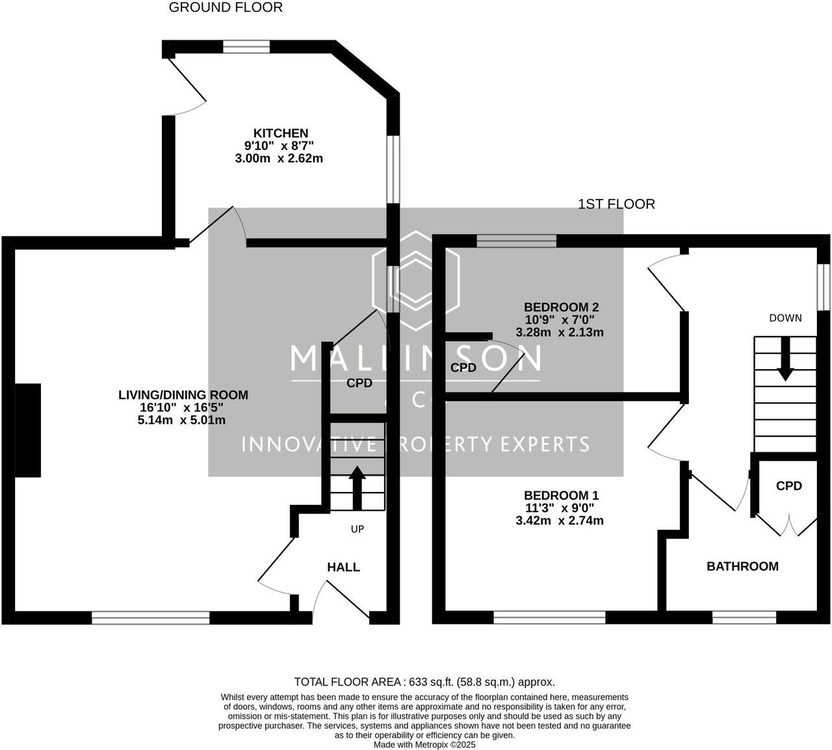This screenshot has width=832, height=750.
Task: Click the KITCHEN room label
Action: pos(281,133)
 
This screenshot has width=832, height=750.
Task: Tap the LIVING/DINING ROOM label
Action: pos(183,394)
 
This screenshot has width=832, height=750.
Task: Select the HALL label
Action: pos(343,567)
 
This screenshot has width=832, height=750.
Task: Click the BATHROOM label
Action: pos(742,566)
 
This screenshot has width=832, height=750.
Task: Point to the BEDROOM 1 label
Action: pos(561,495)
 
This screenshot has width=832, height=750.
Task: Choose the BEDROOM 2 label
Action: pos(561,307)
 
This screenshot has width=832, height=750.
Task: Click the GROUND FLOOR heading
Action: pos(226,8)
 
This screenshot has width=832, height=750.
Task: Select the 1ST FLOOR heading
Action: pos(616,204)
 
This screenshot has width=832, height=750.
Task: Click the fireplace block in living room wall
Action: pos(28,430)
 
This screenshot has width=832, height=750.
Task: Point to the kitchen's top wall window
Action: pos(246,47)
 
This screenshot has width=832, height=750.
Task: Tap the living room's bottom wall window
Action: pos(151,617)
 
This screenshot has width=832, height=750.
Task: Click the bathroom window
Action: pos(744,617)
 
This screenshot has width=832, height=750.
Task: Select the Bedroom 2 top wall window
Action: pos(517,241)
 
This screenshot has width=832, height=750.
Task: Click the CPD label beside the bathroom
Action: pos(789,485)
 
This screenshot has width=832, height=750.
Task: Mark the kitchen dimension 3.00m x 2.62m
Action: pos(279,158)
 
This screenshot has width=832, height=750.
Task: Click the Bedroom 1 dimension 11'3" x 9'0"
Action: pos(560,508)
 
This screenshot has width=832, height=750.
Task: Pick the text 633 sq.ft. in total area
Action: pos(431,682)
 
